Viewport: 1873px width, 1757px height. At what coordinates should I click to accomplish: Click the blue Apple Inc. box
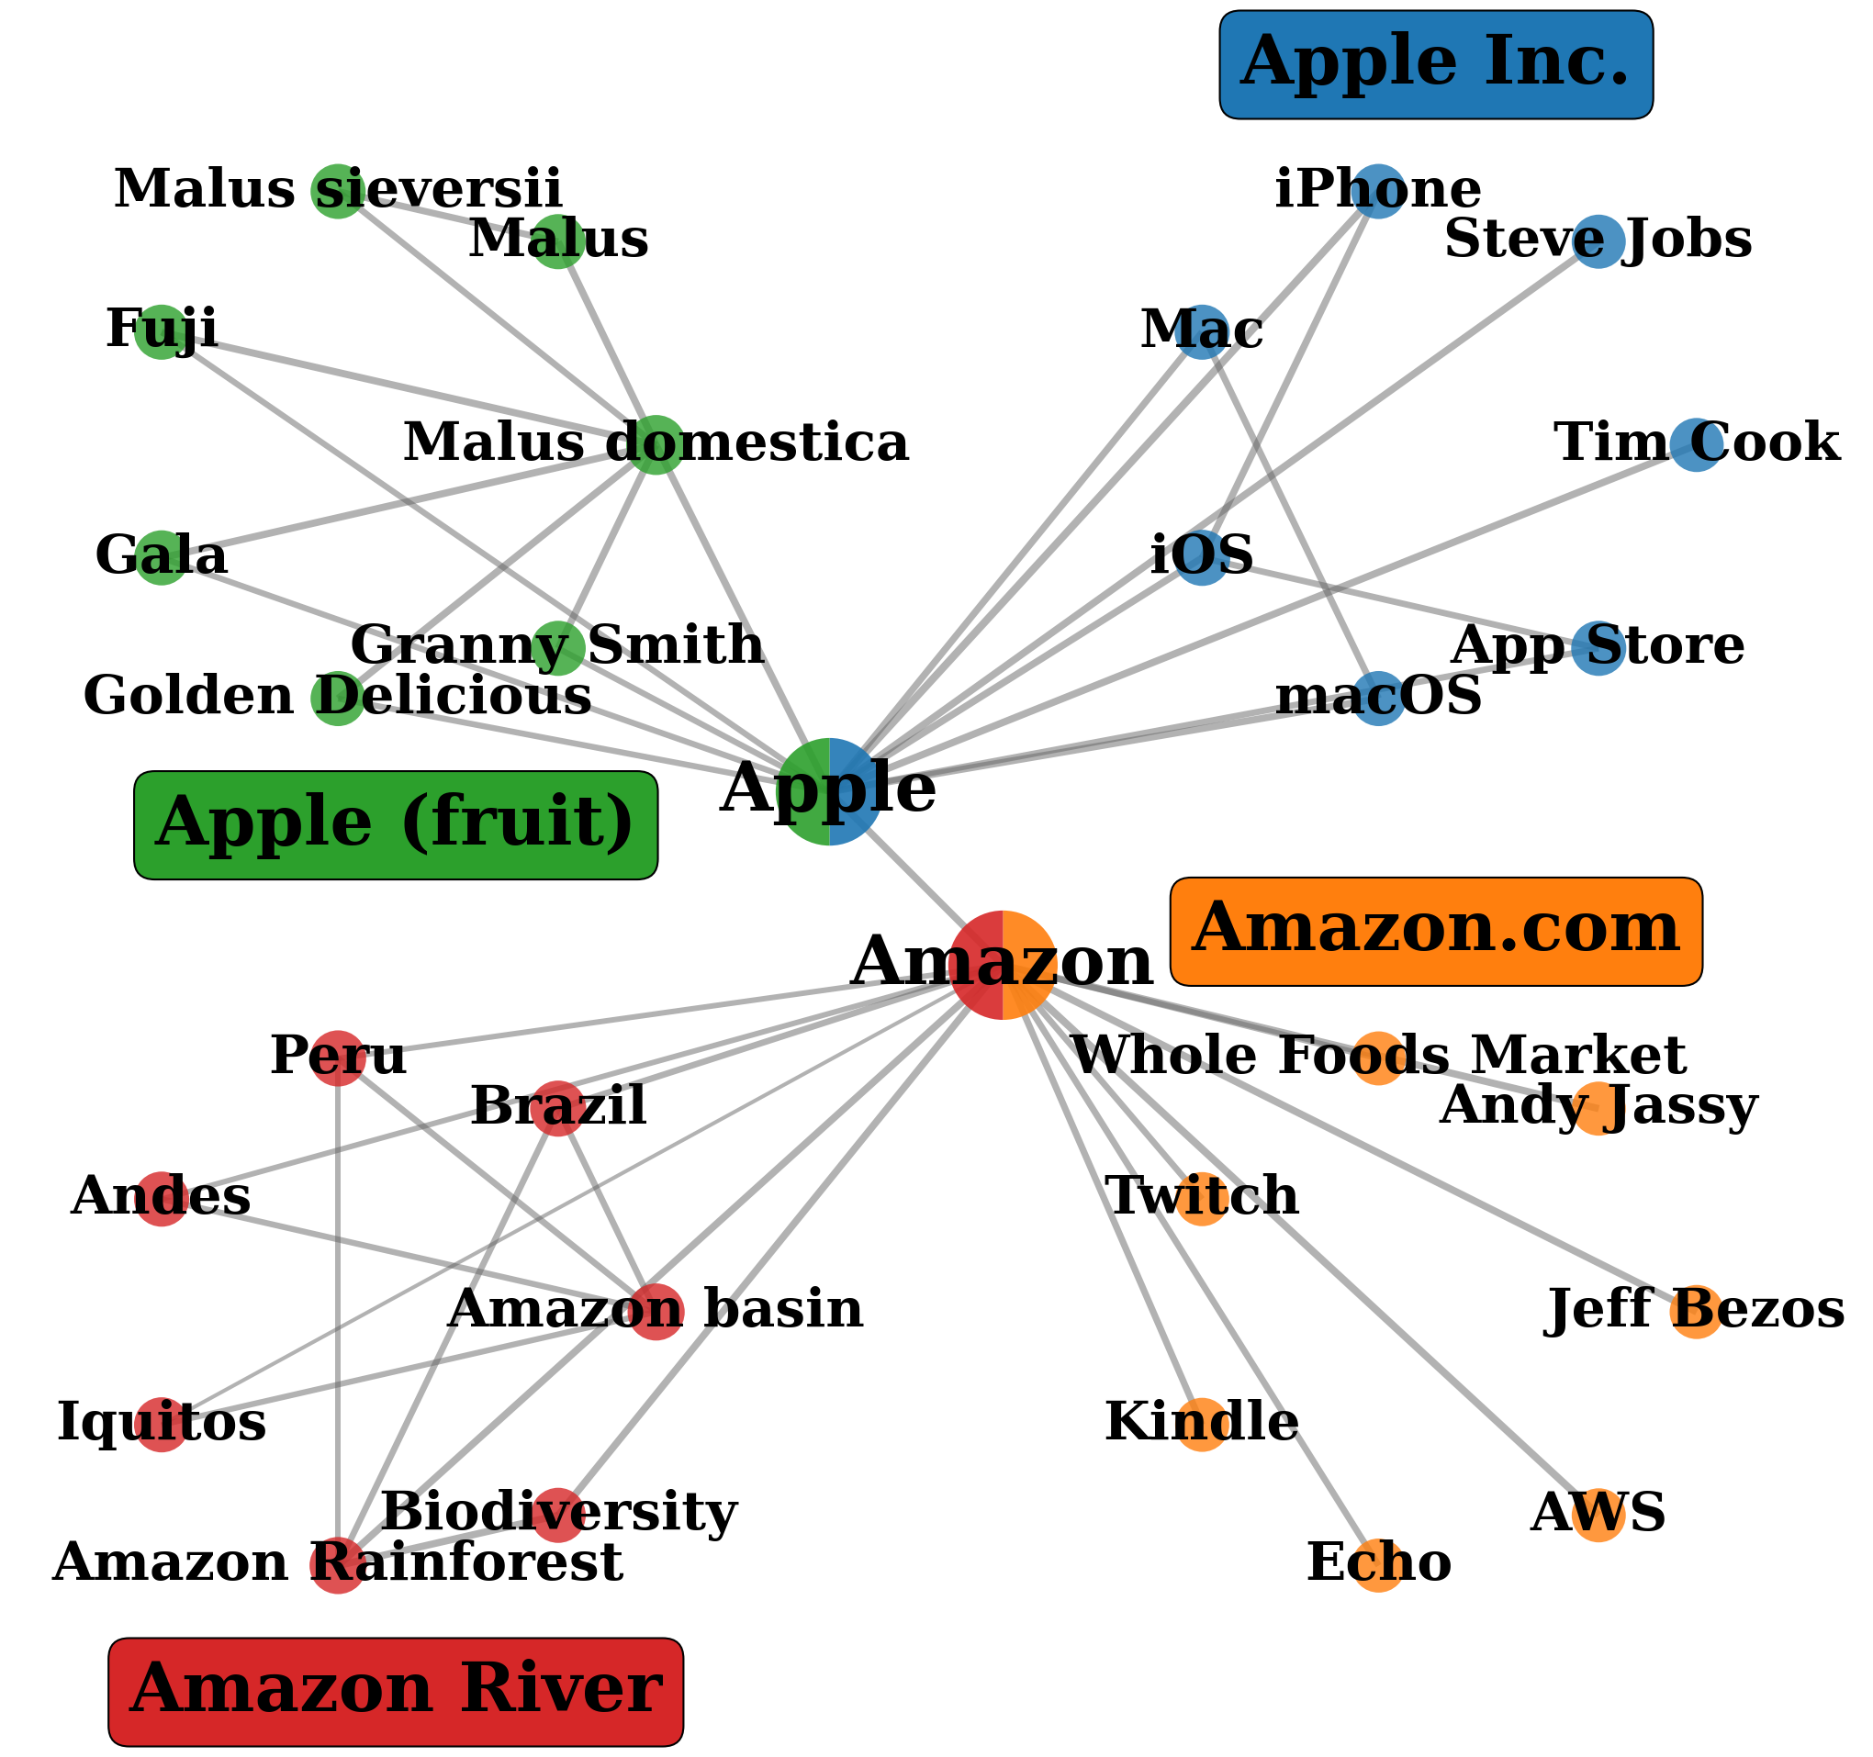1435,64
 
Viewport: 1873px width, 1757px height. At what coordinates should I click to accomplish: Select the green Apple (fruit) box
396,825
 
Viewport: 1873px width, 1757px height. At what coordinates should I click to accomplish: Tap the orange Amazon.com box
1435,932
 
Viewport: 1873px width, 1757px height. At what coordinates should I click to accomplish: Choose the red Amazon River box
396,1692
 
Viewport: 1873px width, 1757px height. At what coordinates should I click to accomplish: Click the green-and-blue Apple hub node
829,791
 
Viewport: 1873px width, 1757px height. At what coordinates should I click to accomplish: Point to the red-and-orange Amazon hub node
1003,965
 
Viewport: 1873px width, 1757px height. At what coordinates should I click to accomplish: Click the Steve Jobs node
1598,241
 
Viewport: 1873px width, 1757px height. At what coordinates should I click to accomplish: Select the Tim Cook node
1696,444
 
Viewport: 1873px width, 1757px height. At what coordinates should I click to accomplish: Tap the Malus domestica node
656,444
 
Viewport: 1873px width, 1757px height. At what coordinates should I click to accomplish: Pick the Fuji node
162,331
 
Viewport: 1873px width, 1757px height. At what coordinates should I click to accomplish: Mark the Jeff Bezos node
1696,1312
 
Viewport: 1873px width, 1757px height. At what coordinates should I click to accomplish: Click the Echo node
1377,1566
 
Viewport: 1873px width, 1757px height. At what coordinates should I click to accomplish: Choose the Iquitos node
162,1425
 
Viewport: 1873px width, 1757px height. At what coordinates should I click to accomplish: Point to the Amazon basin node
656,1312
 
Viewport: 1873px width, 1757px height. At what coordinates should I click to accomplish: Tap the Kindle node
1202,1425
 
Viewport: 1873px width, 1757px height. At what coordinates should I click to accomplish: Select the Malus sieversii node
337,190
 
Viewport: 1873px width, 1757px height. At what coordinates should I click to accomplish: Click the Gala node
162,558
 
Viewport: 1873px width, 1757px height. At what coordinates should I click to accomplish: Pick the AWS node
1598,1515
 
